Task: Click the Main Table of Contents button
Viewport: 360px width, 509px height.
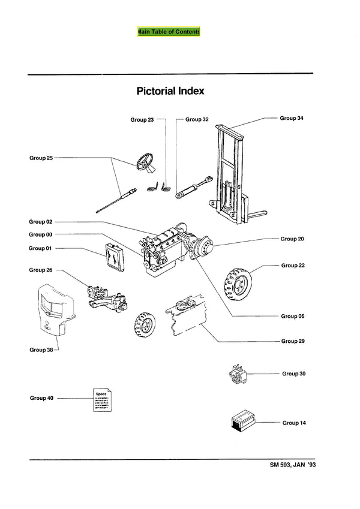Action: point(168,31)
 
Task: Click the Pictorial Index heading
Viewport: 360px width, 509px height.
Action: point(170,91)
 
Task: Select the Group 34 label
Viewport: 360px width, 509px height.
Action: point(292,118)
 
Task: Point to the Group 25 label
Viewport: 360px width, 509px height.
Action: point(41,158)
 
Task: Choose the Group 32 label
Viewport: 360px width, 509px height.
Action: point(197,119)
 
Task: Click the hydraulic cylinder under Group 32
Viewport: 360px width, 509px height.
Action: point(193,187)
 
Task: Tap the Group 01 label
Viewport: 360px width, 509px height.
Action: point(41,248)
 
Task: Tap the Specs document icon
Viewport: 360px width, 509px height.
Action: point(101,399)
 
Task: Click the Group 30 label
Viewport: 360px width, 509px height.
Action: point(294,374)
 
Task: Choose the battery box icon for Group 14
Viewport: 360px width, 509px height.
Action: point(244,422)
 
